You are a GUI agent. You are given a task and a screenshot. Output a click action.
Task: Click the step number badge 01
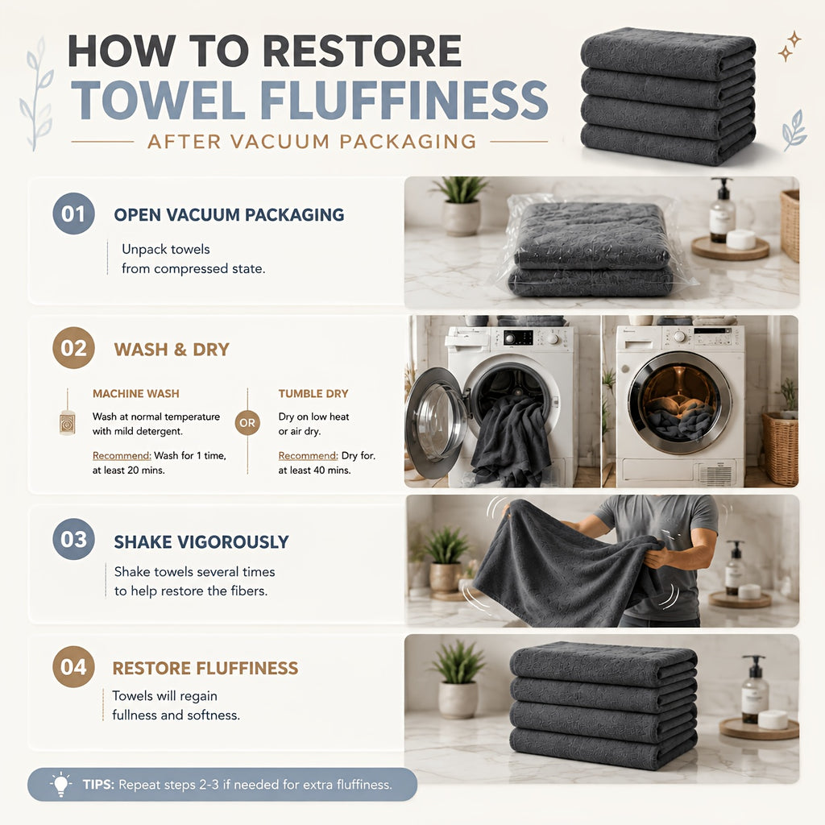(73, 214)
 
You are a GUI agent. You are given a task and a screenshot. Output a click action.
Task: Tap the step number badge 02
(73, 348)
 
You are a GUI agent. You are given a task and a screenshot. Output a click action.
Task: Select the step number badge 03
(73, 539)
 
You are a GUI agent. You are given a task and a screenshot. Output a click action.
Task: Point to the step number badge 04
(73, 666)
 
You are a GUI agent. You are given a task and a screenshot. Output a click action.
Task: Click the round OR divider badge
(247, 422)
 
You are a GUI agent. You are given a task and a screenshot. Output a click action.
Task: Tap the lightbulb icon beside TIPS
(61, 785)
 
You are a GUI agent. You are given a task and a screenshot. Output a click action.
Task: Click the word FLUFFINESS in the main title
(404, 100)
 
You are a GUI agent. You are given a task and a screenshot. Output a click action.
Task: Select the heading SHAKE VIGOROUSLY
(201, 541)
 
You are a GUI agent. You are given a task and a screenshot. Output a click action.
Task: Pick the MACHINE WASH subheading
(135, 393)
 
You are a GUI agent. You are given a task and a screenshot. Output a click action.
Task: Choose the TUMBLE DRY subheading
(313, 393)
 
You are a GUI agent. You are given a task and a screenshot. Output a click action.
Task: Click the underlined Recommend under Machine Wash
(122, 456)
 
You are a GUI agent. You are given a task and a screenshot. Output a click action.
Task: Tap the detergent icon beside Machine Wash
(68, 422)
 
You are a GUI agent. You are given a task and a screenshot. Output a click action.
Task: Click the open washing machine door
(437, 422)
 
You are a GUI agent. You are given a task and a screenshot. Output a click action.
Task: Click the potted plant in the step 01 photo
(461, 205)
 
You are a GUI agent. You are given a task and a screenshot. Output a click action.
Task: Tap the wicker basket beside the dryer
(780, 447)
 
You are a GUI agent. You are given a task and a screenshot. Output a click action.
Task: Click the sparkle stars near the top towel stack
(790, 46)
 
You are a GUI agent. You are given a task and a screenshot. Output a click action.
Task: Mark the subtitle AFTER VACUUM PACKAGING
(312, 142)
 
